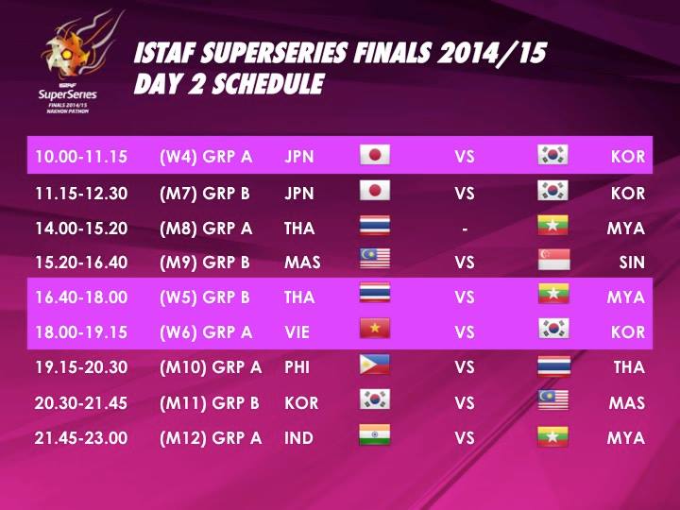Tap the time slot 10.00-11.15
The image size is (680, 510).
[x=81, y=157]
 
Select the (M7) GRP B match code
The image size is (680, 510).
[x=205, y=193]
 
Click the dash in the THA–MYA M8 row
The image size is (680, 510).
[x=465, y=229]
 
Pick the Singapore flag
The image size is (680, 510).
[x=553, y=260]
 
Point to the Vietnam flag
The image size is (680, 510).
[x=375, y=329]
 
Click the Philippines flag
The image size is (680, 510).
[x=375, y=365]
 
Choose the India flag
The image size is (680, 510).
[x=375, y=434]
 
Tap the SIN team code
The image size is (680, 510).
[x=632, y=263]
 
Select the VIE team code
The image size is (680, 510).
[x=297, y=332]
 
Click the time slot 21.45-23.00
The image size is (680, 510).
[x=81, y=438]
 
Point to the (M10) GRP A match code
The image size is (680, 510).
[x=211, y=367]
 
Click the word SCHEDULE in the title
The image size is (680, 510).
[x=268, y=84]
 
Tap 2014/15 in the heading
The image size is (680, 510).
[x=492, y=53]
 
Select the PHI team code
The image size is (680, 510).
[x=297, y=367]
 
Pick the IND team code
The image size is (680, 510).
[x=298, y=438]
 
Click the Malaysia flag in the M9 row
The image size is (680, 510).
[x=375, y=259]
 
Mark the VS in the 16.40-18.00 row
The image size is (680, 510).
[x=465, y=297]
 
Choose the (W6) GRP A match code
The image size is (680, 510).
[x=206, y=332]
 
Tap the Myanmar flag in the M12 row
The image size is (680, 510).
[x=552, y=436]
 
